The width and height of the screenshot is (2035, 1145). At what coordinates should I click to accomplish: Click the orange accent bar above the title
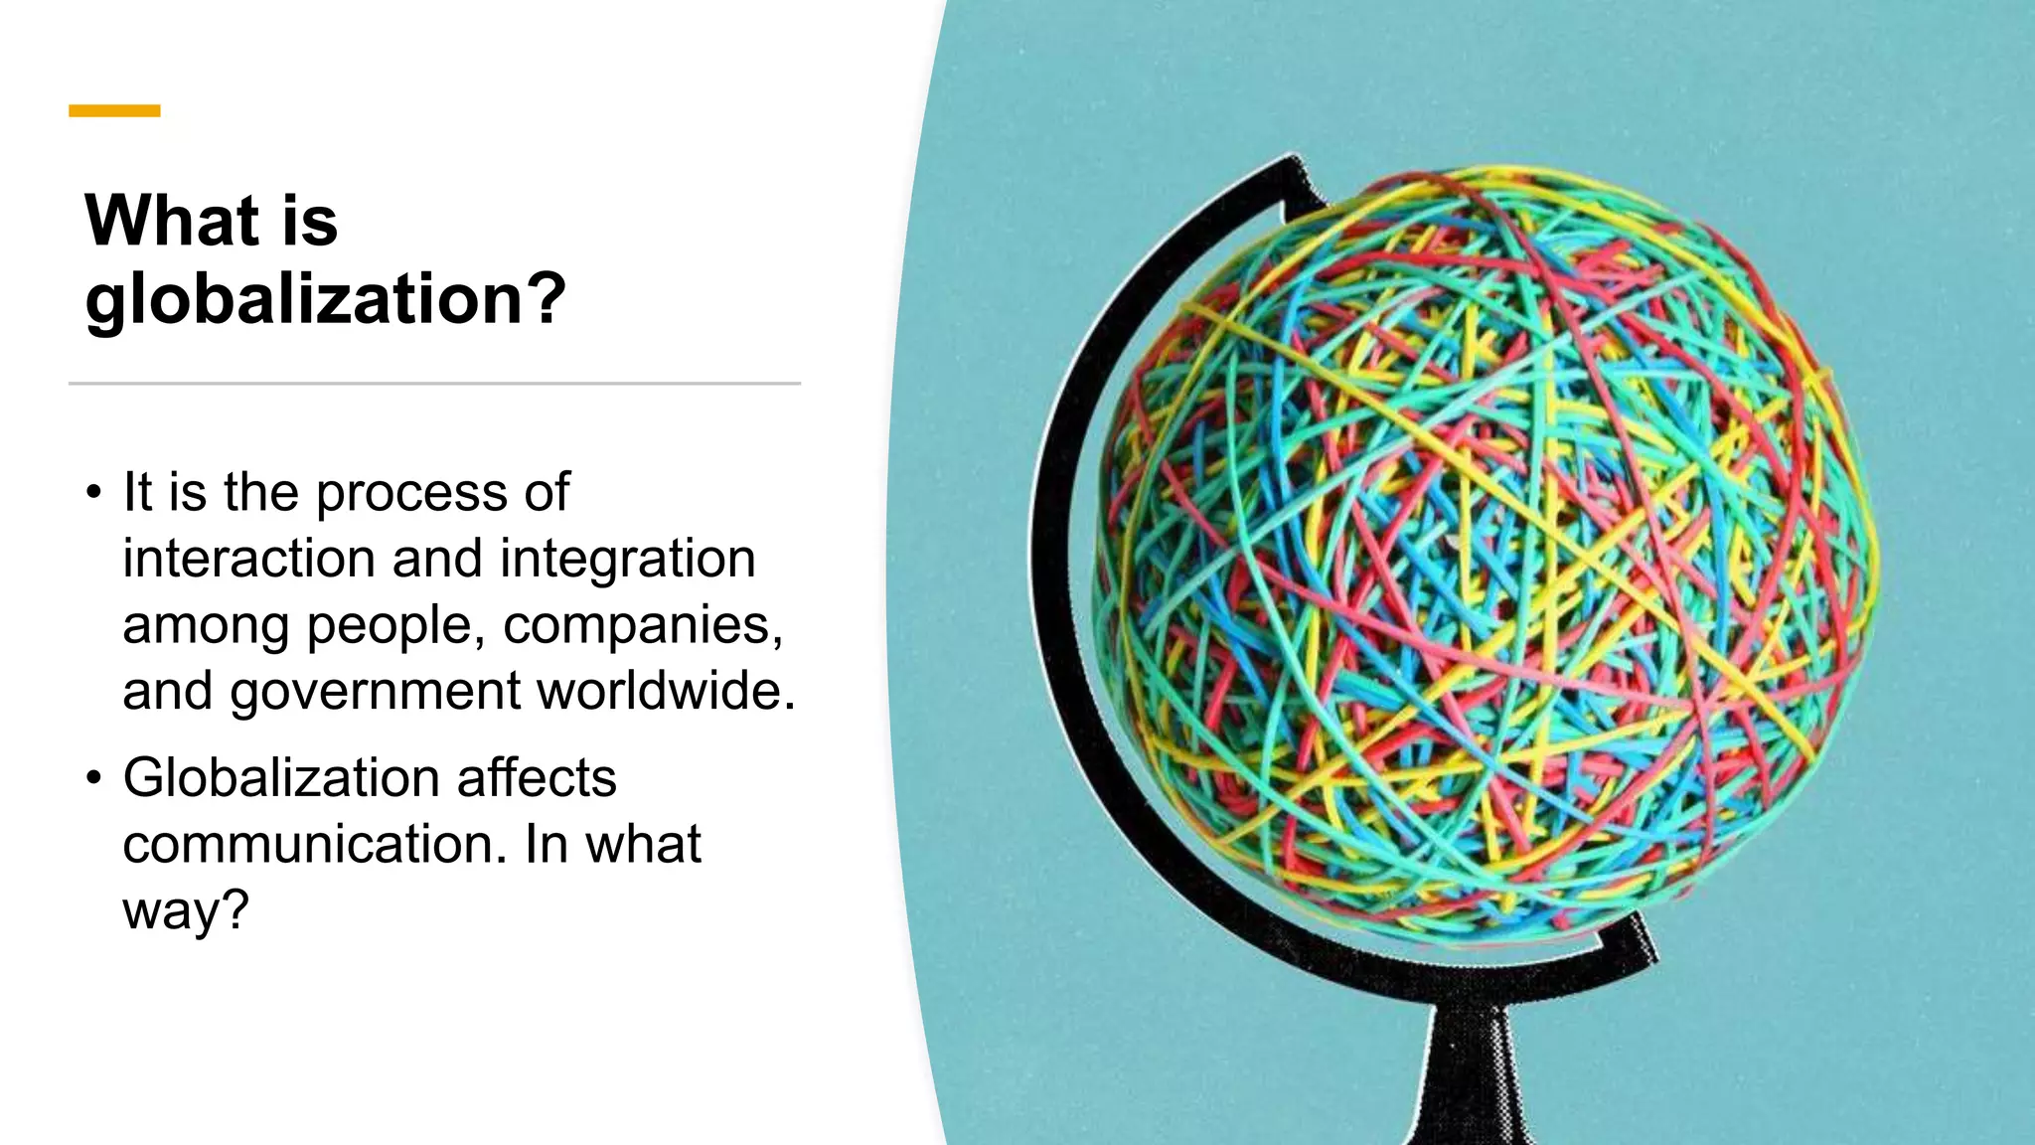click(x=114, y=111)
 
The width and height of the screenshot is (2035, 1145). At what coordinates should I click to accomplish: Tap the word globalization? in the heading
click(x=326, y=298)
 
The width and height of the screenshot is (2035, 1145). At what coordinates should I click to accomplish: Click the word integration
click(x=627, y=559)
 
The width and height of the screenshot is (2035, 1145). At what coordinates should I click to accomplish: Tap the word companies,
click(x=643, y=626)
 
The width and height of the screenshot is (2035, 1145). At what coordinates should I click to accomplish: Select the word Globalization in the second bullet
click(x=280, y=777)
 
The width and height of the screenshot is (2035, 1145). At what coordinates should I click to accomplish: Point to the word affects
click(x=537, y=777)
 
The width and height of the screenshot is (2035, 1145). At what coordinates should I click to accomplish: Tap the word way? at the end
click(x=185, y=911)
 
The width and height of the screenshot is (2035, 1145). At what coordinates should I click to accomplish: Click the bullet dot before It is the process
click(x=93, y=492)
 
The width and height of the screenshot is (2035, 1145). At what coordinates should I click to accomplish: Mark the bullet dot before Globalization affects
click(x=93, y=777)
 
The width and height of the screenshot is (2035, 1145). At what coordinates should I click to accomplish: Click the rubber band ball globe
click(x=1486, y=557)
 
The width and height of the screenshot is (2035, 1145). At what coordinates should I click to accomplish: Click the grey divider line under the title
click(x=434, y=383)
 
